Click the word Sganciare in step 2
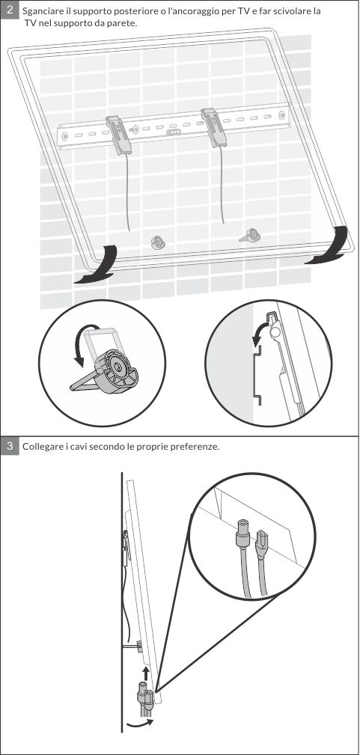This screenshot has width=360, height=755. (x=41, y=11)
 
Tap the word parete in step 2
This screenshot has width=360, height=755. (x=123, y=23)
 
